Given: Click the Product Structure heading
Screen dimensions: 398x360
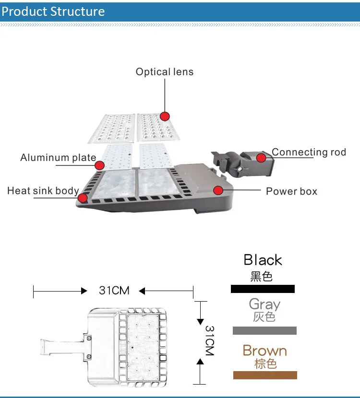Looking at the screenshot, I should click(x=53, y=11).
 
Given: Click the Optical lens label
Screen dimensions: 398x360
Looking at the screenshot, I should click(x=164, y=72).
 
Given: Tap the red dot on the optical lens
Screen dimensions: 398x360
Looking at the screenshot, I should click(x=165, y=116).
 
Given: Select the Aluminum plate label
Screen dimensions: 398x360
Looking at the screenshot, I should click(x=58, y=157).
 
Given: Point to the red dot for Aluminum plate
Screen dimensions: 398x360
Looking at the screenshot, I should click(x=99, y=165).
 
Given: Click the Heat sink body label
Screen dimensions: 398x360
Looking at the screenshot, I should click(x=43, y=191).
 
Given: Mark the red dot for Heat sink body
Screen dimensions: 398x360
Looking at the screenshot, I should click(x=83, y=197).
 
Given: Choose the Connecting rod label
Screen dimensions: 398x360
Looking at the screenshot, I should click(x=309, y=152).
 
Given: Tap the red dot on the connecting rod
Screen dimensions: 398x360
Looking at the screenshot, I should click(x=261, y=157).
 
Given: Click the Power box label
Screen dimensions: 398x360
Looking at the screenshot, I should click(x=291, y=191).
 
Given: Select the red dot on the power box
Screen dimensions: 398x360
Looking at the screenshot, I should click(x=218, y=190).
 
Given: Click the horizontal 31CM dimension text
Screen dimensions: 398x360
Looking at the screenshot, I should click(x=114, y=291).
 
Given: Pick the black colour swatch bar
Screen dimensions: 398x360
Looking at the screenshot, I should click(x=263, y=289).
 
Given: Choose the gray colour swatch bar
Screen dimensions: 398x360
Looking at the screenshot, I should click(x=264, y=330).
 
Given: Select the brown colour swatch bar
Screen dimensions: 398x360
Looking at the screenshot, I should click(x=265, y=375).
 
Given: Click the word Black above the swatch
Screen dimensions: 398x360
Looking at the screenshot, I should click(x=263, y=260).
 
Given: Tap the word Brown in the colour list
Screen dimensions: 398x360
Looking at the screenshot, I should click(x=264, y=351).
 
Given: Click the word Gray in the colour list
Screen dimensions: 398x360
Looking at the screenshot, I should click(x=264, y=304).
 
